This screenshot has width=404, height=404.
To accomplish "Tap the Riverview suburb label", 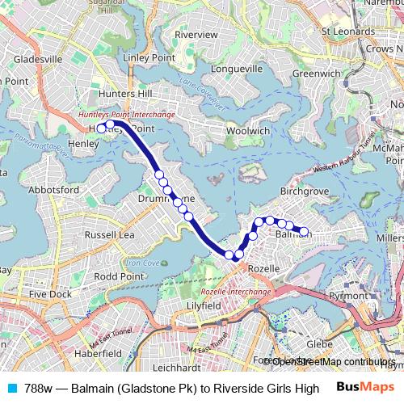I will (x=196, y=35).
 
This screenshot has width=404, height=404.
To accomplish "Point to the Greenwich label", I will (x=313, y=73).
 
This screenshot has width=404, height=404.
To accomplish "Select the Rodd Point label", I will (x=119, y=276).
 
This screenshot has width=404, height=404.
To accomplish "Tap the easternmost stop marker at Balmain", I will (x=304, y=232).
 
